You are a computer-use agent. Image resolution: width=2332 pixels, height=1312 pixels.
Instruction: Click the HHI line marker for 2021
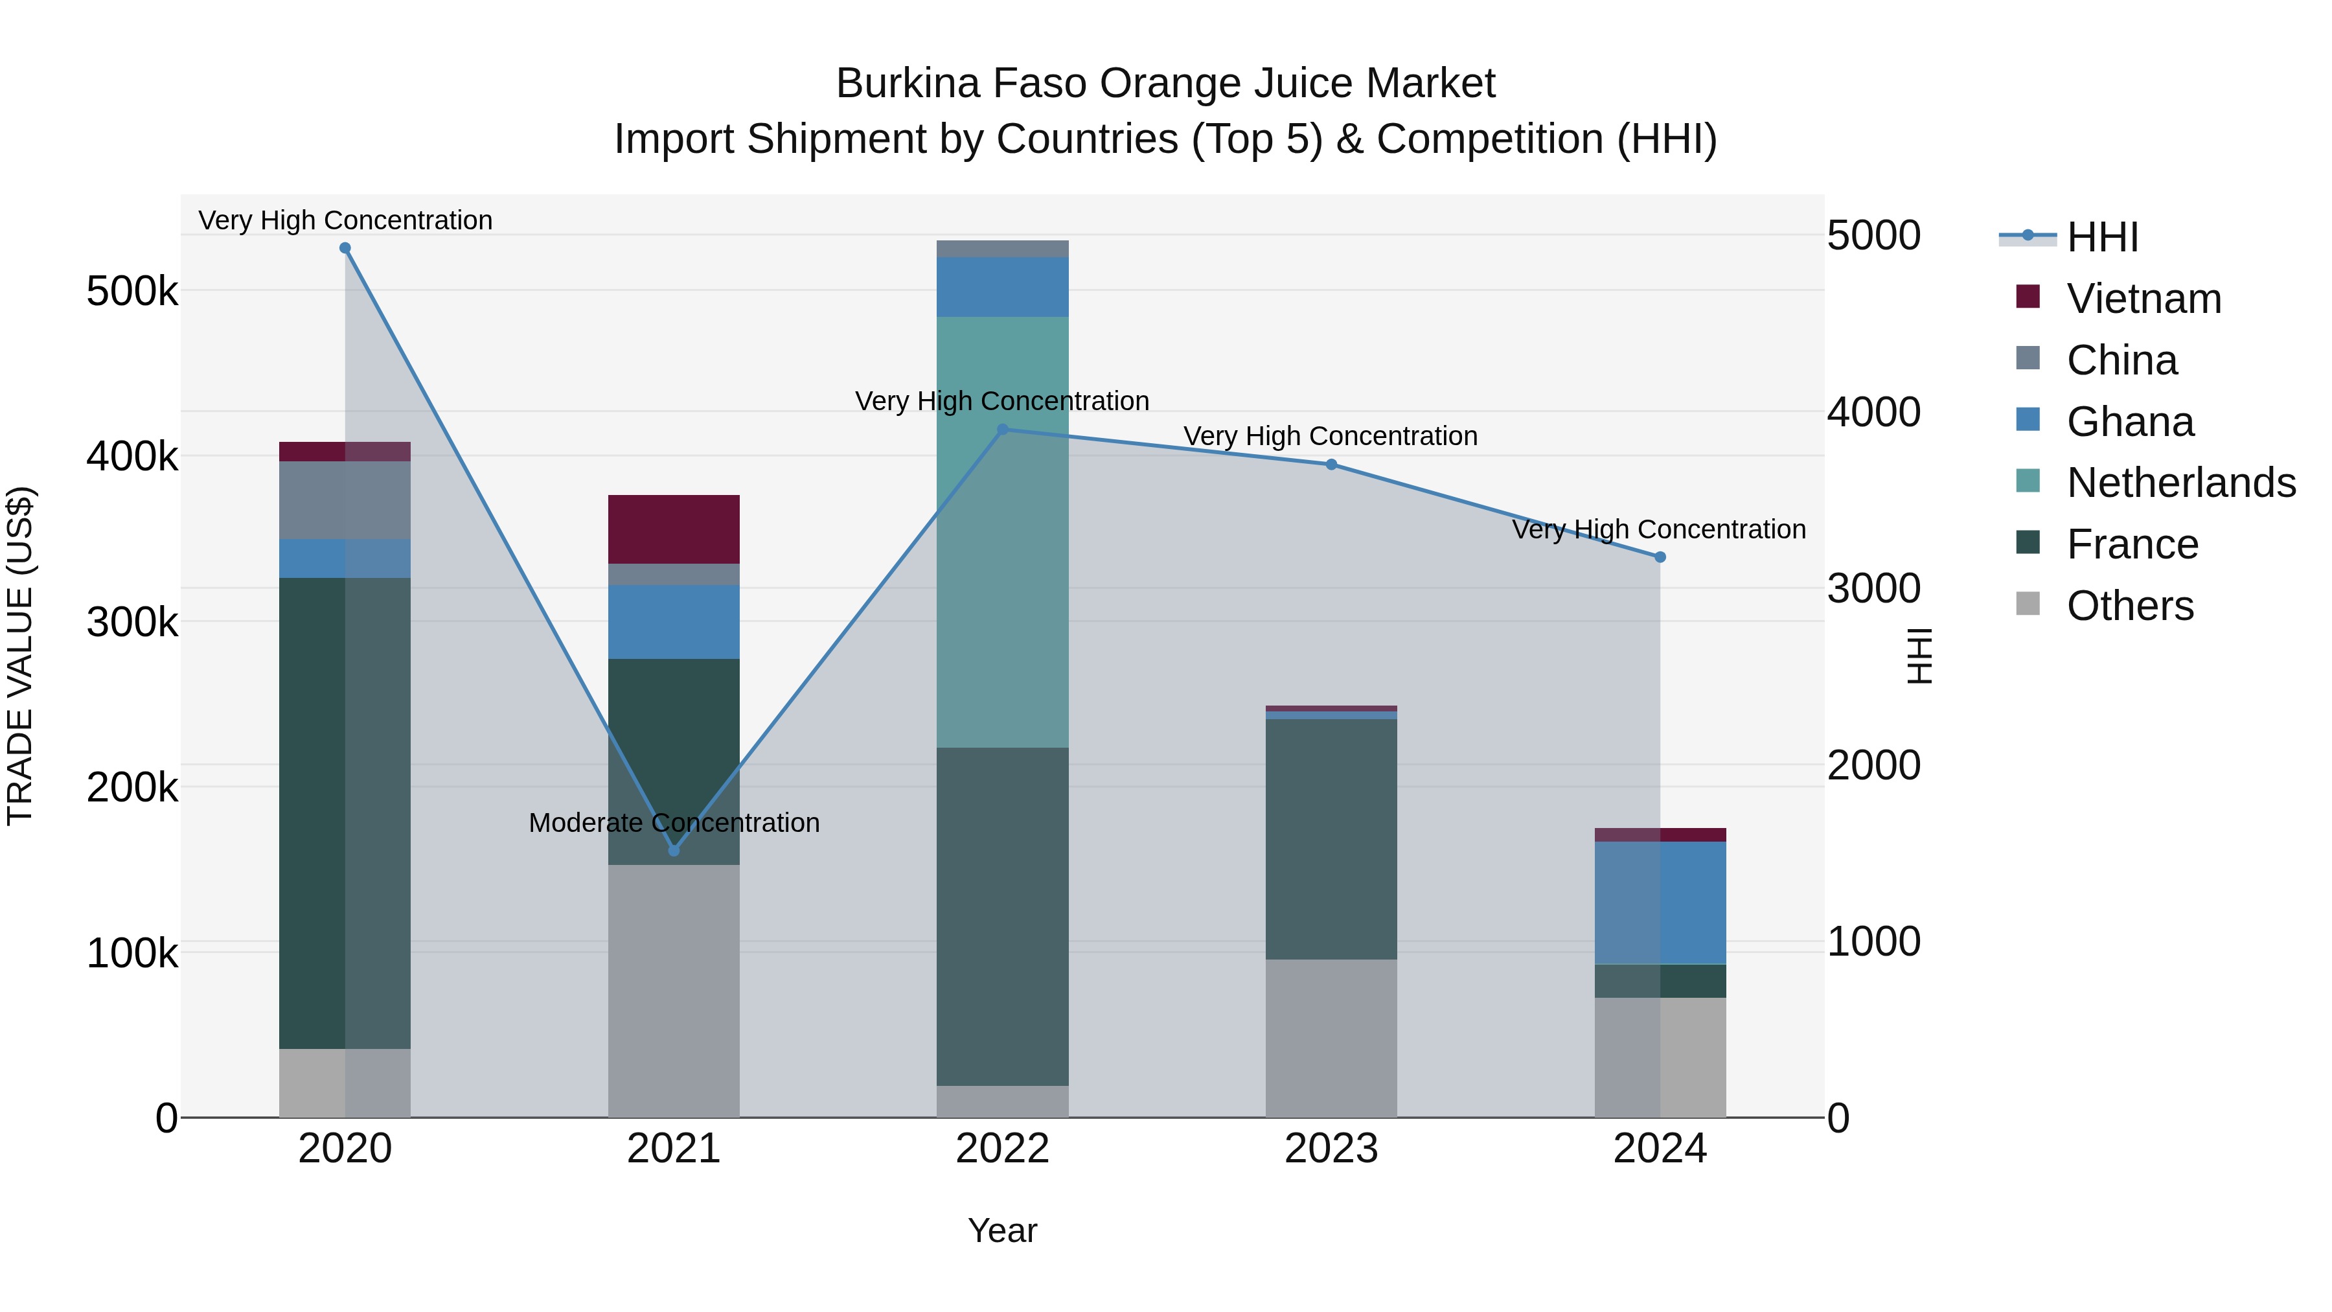pyautogui.click(x=674, y=850)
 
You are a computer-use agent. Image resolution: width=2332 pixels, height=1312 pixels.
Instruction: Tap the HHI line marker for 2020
pyautogui.click(x=345, y=248)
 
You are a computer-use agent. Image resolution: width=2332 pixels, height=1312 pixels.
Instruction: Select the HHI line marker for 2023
pyautogui.click(x=1331, y=465)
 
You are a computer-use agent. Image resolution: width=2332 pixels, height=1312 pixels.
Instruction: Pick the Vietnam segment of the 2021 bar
pyautogui.click(x=674, y=530)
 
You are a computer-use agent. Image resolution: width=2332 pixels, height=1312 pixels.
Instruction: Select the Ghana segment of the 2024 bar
pyautogui.click(x=1660, y=903)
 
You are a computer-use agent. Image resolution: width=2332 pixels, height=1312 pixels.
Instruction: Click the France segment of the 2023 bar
pyautogui.click(x=1331, y=838)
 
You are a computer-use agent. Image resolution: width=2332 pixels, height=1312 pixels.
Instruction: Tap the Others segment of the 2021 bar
pyautogui.click(x=674, y=991)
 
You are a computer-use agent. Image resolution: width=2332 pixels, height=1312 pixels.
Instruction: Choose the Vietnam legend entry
pyautogui.click(x=2143, y=299)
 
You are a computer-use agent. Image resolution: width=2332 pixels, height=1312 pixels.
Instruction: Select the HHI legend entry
pyautogui.click(x=2102, y=237)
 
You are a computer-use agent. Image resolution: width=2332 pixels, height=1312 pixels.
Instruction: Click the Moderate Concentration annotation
pyautogui.click(x=674, y=822)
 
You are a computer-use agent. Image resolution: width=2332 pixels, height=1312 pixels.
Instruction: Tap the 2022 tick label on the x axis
pyautogui.click(x=1002, y=1149)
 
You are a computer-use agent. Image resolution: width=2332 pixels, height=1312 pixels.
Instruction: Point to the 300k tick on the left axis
pyautogui.click(x=132, y=622)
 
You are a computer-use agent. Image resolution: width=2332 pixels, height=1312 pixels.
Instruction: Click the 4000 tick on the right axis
pyautogui.click(x=1873, y=412)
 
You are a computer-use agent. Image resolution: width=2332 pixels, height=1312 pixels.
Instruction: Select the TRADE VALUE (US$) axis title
pyautogui.click(x=20, y=656)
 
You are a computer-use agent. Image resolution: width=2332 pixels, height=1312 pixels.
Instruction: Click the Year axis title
pyautogui.click(x=1002, y=1230)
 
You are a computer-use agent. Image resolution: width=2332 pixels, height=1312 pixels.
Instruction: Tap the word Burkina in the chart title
pyautogui.click(x=908, y=84)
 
